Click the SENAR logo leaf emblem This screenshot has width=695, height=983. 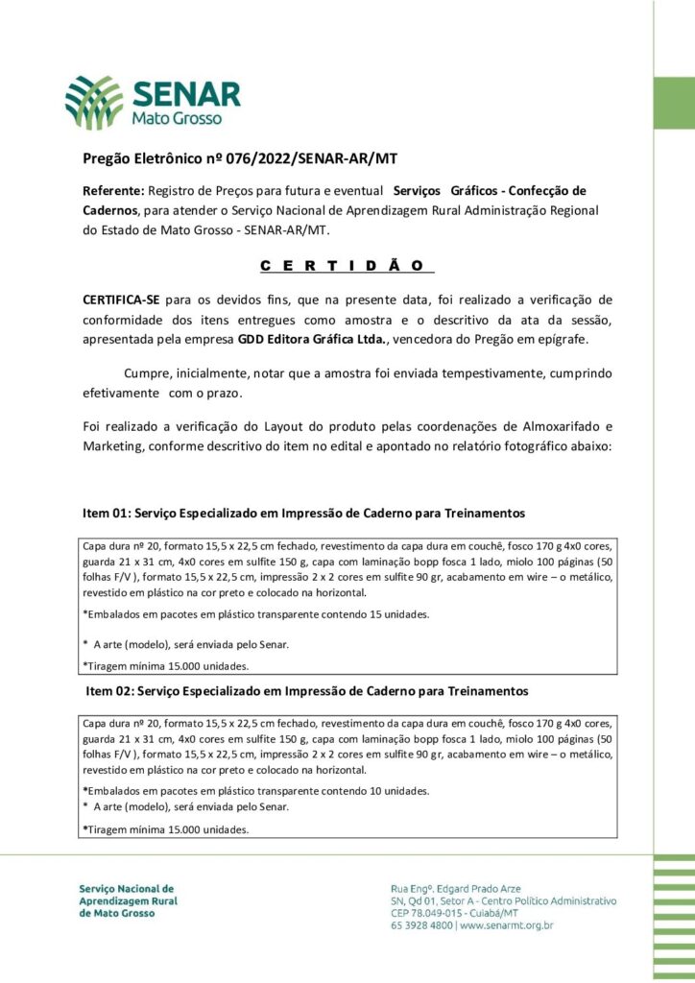94,103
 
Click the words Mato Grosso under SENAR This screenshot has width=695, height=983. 178,119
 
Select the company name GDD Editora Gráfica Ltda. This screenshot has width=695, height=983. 313,339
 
